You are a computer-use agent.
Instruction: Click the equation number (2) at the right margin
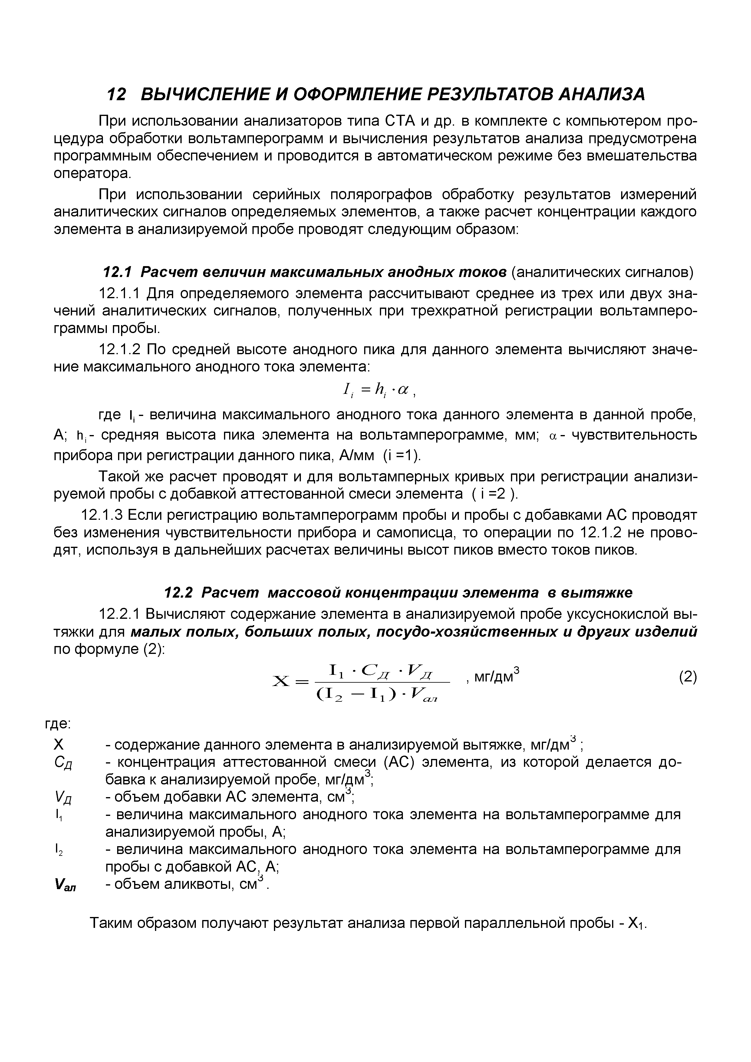pos(688,677)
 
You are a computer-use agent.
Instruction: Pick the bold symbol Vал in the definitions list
pos(65,885)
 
